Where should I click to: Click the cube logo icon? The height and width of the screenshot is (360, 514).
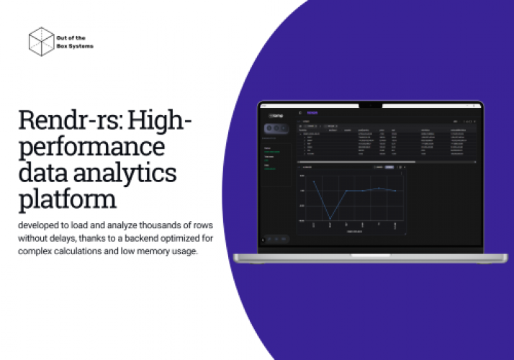pos(42,41)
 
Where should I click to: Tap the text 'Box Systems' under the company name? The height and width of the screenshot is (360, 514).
pos(80,46)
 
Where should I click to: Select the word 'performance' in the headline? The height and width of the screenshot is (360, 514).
pos(92,147)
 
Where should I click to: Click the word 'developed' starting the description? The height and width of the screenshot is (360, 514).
pos(41,225)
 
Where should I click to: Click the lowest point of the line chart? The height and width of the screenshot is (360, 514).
pos(330,218)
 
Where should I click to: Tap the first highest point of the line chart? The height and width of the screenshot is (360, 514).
pos(314,181)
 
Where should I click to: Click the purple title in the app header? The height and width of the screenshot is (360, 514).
pos(313,112)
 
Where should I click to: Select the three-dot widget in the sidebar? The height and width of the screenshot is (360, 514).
pos(277,128)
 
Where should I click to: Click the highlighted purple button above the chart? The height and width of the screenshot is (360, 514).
pos(389,167)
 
